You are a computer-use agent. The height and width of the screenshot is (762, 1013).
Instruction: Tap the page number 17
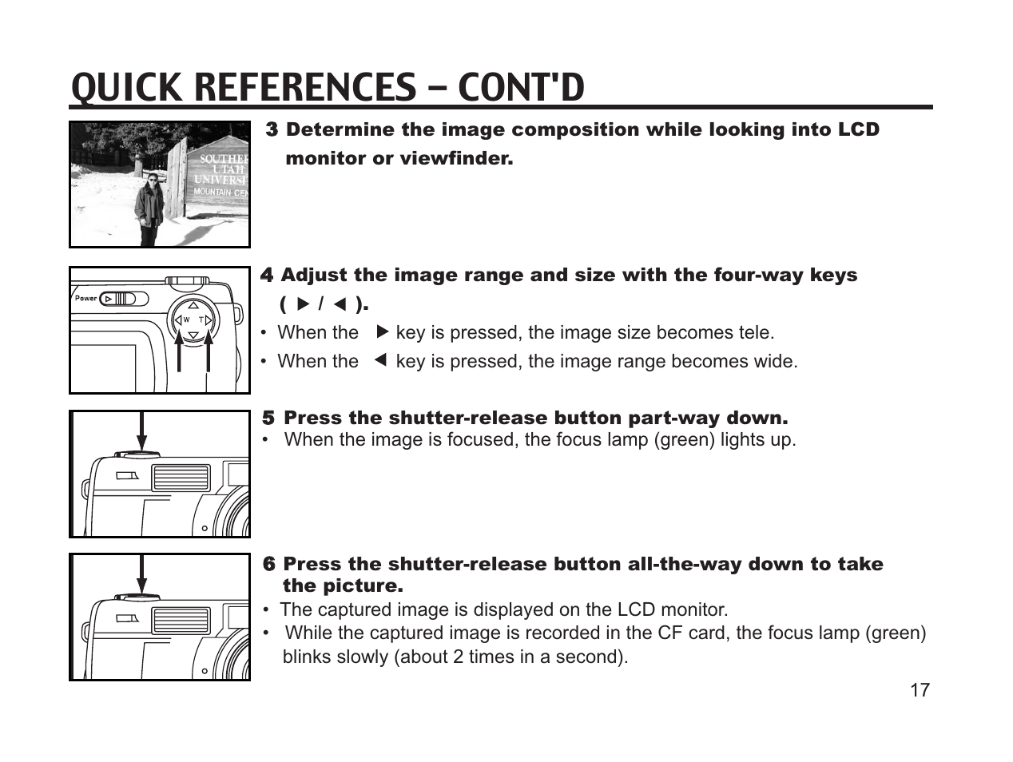[920, 691]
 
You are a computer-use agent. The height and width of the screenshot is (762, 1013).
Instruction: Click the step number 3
[272, 129]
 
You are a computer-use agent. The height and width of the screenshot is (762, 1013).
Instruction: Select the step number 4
[268, 276]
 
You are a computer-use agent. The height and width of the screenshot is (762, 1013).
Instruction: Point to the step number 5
[268, 419]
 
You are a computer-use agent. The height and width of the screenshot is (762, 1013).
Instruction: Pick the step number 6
[269, 565]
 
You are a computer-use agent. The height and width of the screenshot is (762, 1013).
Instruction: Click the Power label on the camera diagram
[85, 299]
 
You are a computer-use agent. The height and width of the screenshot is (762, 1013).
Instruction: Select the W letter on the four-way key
[185, 320]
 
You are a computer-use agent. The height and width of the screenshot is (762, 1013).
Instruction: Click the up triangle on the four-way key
[193, 304]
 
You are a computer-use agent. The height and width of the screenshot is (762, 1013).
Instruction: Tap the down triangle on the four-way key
[193, 335]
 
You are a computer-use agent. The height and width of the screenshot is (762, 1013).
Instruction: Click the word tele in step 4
[755, 333]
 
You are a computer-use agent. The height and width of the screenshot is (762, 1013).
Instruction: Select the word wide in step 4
[774, 362]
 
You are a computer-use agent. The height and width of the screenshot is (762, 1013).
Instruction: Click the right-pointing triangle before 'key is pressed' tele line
[381, 331]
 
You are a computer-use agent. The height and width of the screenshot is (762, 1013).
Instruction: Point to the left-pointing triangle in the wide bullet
[380, 360]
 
